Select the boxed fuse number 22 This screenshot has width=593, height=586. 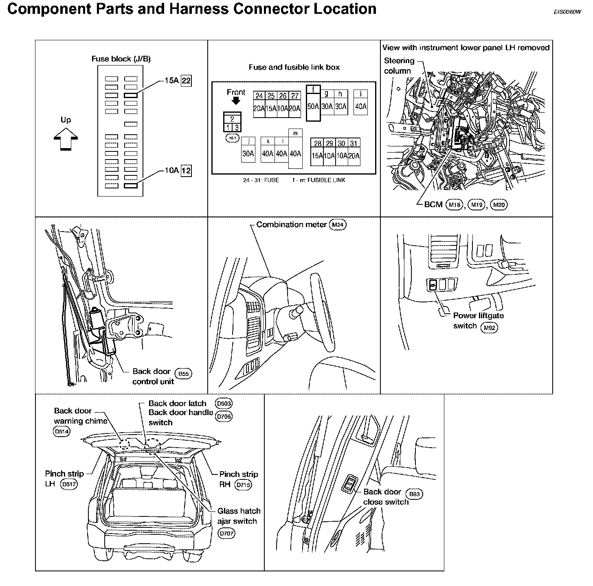click(x=186, y=81)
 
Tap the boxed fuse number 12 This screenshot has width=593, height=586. click(x=186, y=171)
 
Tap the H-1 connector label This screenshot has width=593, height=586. click(x=233, y=139)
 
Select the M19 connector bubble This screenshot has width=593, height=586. click(x=477, y=205)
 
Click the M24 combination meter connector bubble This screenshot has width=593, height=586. click(x=338, y=225)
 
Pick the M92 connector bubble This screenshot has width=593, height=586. click(x=489, y=327)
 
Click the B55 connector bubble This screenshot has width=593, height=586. click(x=184, y=374)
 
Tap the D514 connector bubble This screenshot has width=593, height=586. click(x=61, y=432)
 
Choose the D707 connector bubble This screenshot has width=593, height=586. click(x=226, y=534)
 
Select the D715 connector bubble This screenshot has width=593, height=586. click(x=244, y=485)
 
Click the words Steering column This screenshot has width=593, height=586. click(x=398, y=66)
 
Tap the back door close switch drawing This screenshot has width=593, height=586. click(x=350, y=485)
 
